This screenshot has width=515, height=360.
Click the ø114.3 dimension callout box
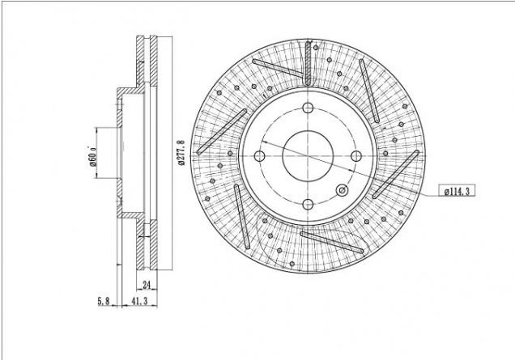(x=457, y=191)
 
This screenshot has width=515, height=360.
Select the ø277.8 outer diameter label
(x=181, y=153)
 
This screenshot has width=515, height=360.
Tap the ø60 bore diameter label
(x=93, y=156)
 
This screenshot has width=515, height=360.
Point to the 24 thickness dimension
(x=147, y=285)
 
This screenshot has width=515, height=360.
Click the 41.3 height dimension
(x=139, y=301)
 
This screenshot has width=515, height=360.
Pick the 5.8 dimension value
(x=104, y=301)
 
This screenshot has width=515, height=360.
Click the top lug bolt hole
(x=308, y=108)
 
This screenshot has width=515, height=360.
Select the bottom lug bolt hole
(x=308, y=204)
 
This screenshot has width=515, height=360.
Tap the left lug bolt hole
(x=259, y=156)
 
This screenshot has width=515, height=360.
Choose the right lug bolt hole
(x=356, y=156)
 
